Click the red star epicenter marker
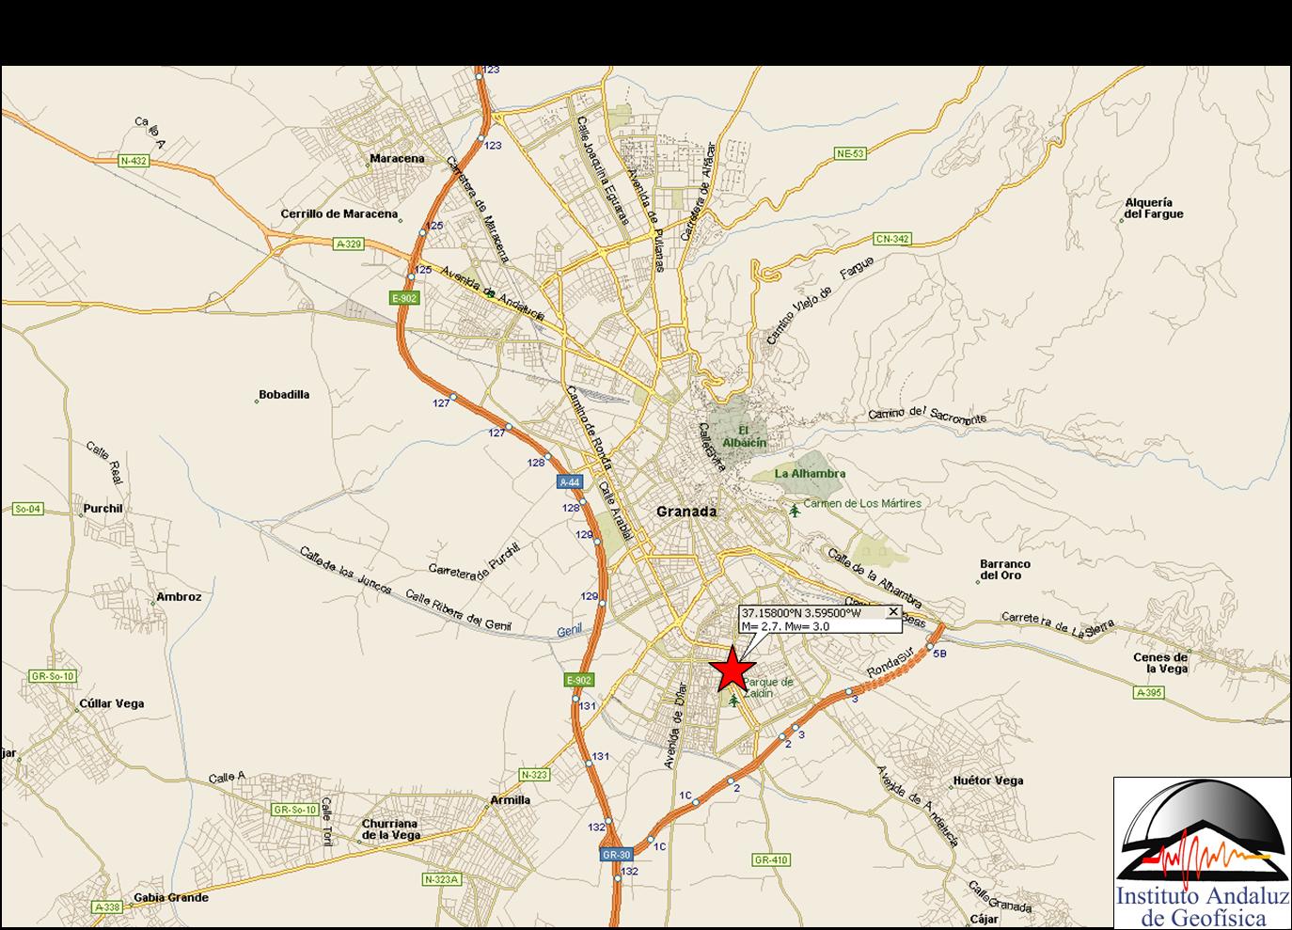pos(732,670)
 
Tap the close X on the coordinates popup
pos(893,612)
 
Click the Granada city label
pos(686,512)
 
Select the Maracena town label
pos(397,158)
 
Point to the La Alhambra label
pos(810,474)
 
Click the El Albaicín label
pos(745,437)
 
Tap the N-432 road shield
pos(134,161)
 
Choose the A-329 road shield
pos(348,244)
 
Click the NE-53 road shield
pos(850,153)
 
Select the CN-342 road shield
pos(891,239)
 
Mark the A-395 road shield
pos(1148,693)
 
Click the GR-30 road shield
pos(617,855)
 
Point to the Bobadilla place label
pos(284,395)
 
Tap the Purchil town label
pos(103,509)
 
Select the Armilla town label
pos(511,800)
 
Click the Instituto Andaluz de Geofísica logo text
pos(1203,906)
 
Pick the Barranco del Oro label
pos(1005,570)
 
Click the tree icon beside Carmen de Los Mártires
pos(796,511)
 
